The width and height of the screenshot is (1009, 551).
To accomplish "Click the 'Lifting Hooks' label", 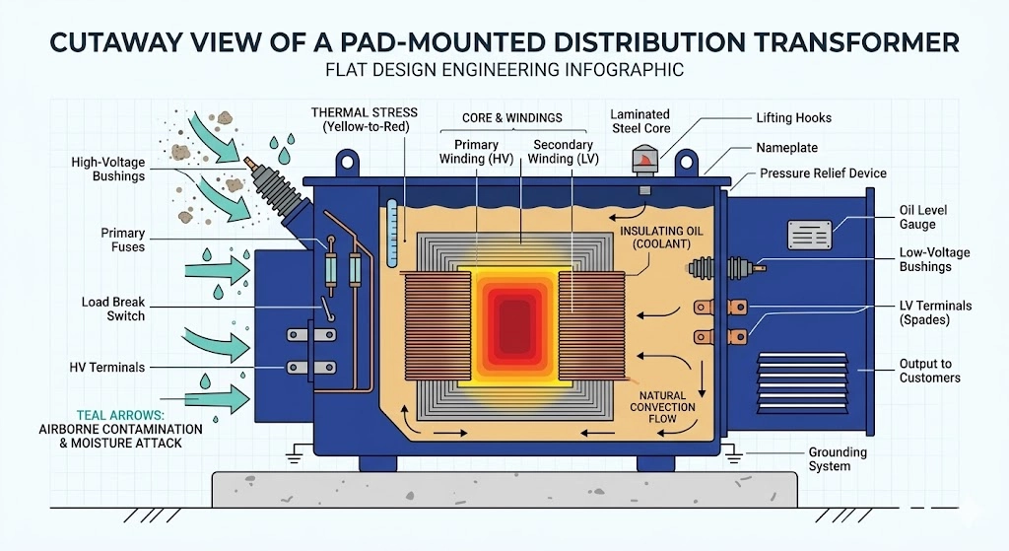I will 793,118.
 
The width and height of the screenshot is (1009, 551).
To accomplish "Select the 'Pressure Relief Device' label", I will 823,173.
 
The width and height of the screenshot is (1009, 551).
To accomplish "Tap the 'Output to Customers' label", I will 929,371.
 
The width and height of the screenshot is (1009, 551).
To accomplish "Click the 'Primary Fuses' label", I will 123,240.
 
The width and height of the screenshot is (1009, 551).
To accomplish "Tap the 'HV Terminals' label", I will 106,368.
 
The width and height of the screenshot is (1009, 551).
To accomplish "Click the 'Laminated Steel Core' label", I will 639,121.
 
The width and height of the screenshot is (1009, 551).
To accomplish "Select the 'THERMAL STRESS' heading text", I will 364,113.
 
